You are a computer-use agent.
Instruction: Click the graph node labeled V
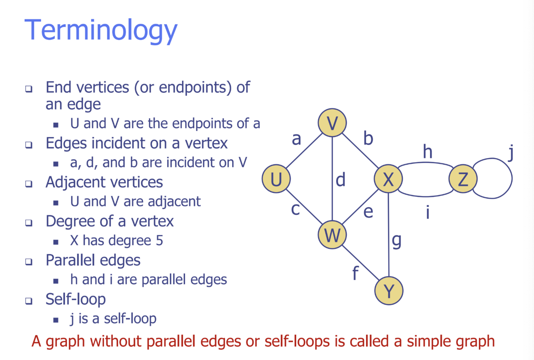pos(332,123)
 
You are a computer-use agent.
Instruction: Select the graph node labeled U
pos(276,179)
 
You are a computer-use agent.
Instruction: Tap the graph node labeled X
pos(388,179)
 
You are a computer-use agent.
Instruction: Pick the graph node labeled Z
pos(463,179)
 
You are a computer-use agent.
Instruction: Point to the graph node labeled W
pos(332,235)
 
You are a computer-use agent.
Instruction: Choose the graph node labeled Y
pos(389,291)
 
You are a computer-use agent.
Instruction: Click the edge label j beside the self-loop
pos(510,154)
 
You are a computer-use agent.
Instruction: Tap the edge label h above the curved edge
pos(428,152)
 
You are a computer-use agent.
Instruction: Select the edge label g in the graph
pos(396,240)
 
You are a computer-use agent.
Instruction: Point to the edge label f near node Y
pos(355,274)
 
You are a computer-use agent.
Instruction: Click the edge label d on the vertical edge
pos(341,180)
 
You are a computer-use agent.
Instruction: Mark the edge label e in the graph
pos(368,212)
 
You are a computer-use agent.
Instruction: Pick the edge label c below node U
pos(295,209)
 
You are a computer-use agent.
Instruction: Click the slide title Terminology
pos(101,31)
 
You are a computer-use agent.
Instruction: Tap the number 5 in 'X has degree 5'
pos(159,241)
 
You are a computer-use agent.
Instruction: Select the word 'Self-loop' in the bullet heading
pos(76,299)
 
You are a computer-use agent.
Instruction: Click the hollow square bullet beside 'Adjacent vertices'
pos(29,184)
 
